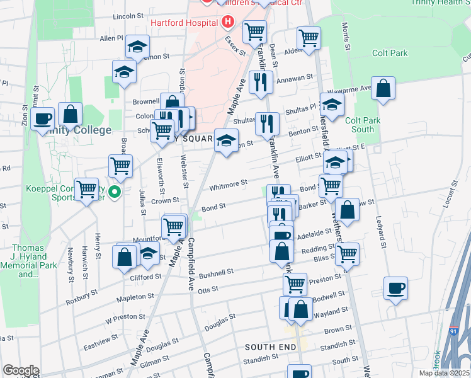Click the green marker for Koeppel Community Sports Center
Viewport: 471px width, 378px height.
114,192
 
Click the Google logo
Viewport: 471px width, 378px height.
21,370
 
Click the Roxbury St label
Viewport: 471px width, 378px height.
82,297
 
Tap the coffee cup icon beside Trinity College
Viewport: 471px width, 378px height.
43,117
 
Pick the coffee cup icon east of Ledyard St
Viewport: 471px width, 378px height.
395,288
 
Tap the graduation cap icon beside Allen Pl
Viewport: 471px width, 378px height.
137,46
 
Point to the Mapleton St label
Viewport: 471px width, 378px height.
134,296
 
